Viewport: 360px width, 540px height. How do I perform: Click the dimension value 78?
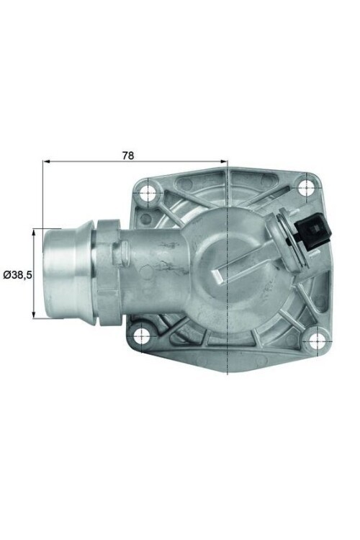pos(128,155)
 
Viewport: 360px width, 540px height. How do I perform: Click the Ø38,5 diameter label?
pos(17,274)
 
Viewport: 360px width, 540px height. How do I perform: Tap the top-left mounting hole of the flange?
pos(149,192)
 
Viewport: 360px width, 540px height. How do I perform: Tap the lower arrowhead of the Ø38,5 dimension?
pos(35,315)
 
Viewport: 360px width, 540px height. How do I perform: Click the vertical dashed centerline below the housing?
pos(228,364)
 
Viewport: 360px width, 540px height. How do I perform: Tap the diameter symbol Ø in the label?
pos(6,274)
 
